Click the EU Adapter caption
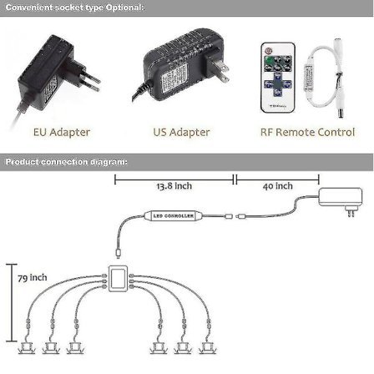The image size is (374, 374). tap(62, 132)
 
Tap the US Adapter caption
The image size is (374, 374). tap(182, 132)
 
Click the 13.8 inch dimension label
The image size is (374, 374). tap(174, 187)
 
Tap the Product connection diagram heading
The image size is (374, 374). tap(67, 160)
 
